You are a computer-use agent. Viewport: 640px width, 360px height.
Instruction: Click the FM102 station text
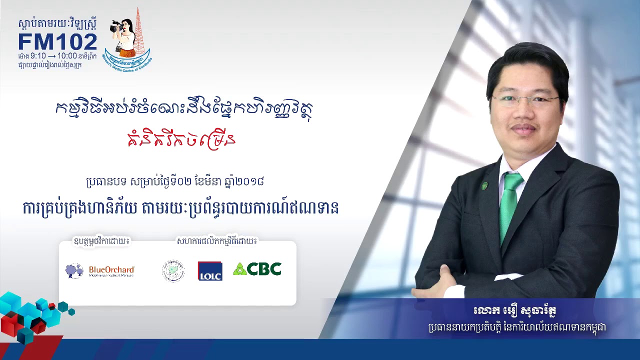(x=57, y=42)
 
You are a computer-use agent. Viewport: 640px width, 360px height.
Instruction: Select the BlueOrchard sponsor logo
(x=100, y=271)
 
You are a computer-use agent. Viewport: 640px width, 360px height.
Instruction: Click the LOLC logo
(x=210, y=271)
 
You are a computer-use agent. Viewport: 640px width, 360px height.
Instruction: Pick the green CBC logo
(x=257, y=269)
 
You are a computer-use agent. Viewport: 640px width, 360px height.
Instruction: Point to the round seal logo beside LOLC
(x=173, y=271)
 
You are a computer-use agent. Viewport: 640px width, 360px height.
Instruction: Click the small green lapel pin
(x=484, y=185)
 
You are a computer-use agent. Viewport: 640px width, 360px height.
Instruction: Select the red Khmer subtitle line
(x=181, y=139)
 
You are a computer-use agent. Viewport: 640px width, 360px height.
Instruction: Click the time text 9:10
(x=38, y=56)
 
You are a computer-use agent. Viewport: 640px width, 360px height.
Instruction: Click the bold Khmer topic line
(x=181, y=207)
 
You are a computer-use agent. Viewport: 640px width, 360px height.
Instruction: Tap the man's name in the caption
(x=517, y=311)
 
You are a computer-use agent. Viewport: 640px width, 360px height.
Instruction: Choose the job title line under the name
(x=517, y=328)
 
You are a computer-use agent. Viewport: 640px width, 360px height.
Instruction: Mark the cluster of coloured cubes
(x=35, y=315)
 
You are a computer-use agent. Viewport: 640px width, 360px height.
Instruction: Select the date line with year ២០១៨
(x=175, y=181)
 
